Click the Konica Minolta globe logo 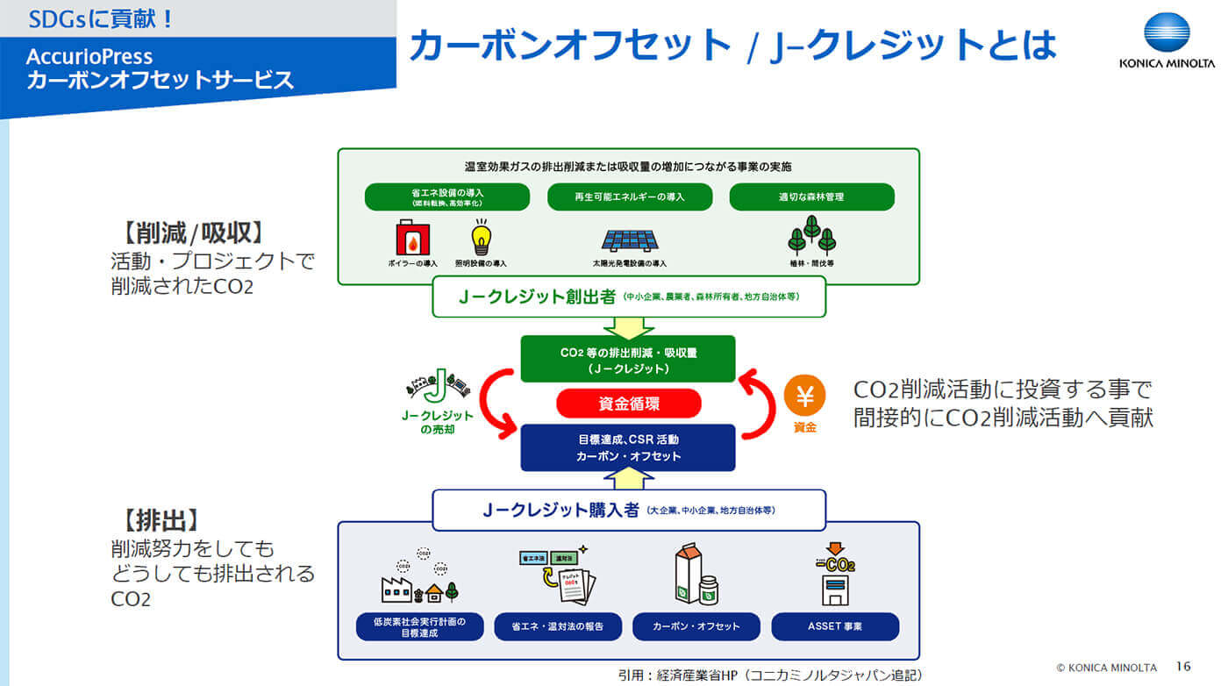(1167, 34)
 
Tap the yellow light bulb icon (480, 237)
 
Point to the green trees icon (811, 235)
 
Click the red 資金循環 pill (629, 404)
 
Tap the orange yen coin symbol (804, 397)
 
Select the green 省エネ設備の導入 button (447, 197)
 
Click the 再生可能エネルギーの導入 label (629, 197)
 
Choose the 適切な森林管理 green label (811, 197)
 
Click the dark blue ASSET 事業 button (835, 626)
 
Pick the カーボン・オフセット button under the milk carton (696, 626)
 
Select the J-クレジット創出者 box (629, 297)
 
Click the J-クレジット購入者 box (629, 510)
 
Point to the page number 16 (1183, 667)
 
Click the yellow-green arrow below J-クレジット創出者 (629, 327)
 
